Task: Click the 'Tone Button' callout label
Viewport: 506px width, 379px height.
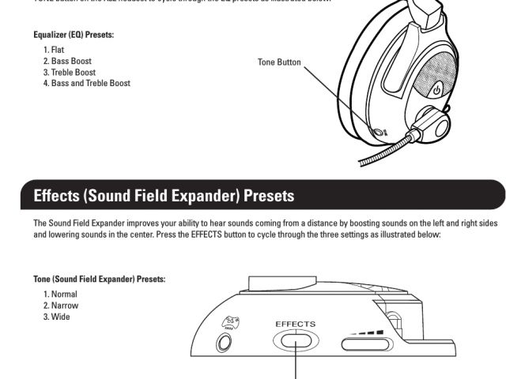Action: [x=279, y=62]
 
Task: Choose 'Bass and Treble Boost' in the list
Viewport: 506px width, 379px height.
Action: [x=86, y=83]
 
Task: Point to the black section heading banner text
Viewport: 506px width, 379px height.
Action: [x=164, y=194]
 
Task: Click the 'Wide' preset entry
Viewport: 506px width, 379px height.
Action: [x=56, y=317]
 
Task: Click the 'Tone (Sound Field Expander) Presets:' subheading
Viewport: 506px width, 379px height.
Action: [x=99, y=280]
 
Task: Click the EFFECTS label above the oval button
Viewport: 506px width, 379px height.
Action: [x=295, y=324]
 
